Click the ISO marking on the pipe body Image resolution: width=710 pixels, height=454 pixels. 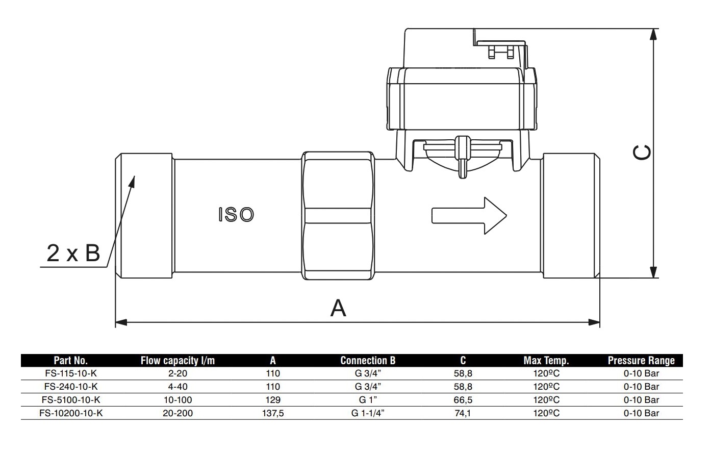click(x=236, y=215)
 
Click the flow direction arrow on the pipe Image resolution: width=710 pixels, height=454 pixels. click(x=469, y=215)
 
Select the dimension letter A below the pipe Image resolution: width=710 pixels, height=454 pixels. click(x=338, y=308)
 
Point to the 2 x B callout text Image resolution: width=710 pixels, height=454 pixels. click(x=73, y=253)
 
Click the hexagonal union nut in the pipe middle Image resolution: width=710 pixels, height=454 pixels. click(x=339, y=215)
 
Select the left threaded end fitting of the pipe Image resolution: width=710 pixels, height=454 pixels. click(x=145, y=215)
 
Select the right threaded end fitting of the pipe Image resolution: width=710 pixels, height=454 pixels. click(x=571, y=215)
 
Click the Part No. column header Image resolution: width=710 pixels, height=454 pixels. click(x=71, y=361)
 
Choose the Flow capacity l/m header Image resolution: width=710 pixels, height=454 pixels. click(x=177, y=361)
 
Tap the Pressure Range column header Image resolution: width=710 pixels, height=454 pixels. click(x=641, y=361)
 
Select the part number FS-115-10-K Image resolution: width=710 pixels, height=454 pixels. click(x=71, y=373)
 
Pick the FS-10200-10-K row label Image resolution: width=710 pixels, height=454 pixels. click(x=71, y=413)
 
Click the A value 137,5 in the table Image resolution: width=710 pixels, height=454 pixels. click(x=273, y=413)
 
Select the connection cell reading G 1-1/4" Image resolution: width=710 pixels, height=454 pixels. click(x=368, y=413)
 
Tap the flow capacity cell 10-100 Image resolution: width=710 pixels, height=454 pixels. click(x=177, y=400)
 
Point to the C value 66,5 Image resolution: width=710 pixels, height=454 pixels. click(x=463, y=400)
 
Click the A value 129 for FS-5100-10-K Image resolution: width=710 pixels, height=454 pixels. click(x=273, y=400)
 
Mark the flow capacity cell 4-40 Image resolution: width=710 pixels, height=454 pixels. click(x=177, y=387)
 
